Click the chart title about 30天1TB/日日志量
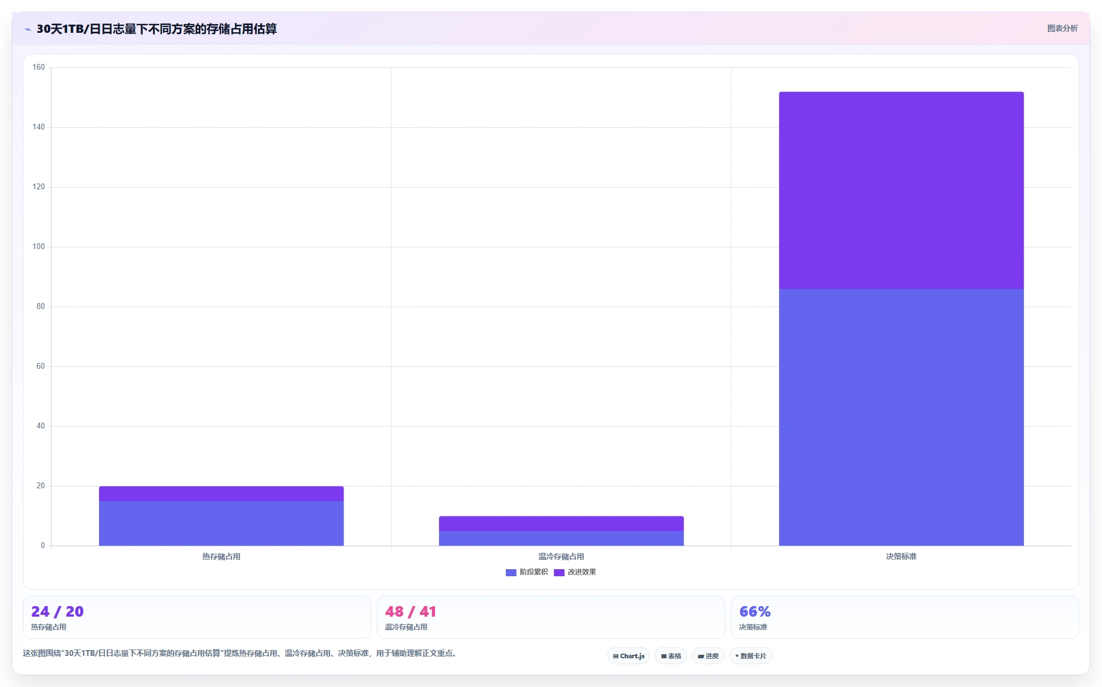click(157, 29)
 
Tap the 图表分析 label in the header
click(1062, 28)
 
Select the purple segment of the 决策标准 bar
click(901, 191)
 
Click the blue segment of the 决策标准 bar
click(901, 417)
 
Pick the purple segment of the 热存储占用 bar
click(221, 494)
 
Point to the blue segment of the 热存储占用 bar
click(221, 523)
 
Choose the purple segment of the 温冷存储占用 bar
click(561, 523)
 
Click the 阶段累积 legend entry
click(527, 572)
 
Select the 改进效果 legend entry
click(575, 572)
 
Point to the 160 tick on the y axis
click(39, 67)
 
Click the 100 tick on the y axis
click(39, 247)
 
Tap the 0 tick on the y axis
click(43, 546)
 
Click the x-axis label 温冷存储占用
click(561, 556)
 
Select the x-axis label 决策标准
click(901, 556)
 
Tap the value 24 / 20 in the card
click(57, 611)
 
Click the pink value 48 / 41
click(410, 611)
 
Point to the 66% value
click(755, 611)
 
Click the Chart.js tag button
click(628, 656)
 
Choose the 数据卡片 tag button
click(750, 656)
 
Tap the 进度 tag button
click(708, 656)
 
